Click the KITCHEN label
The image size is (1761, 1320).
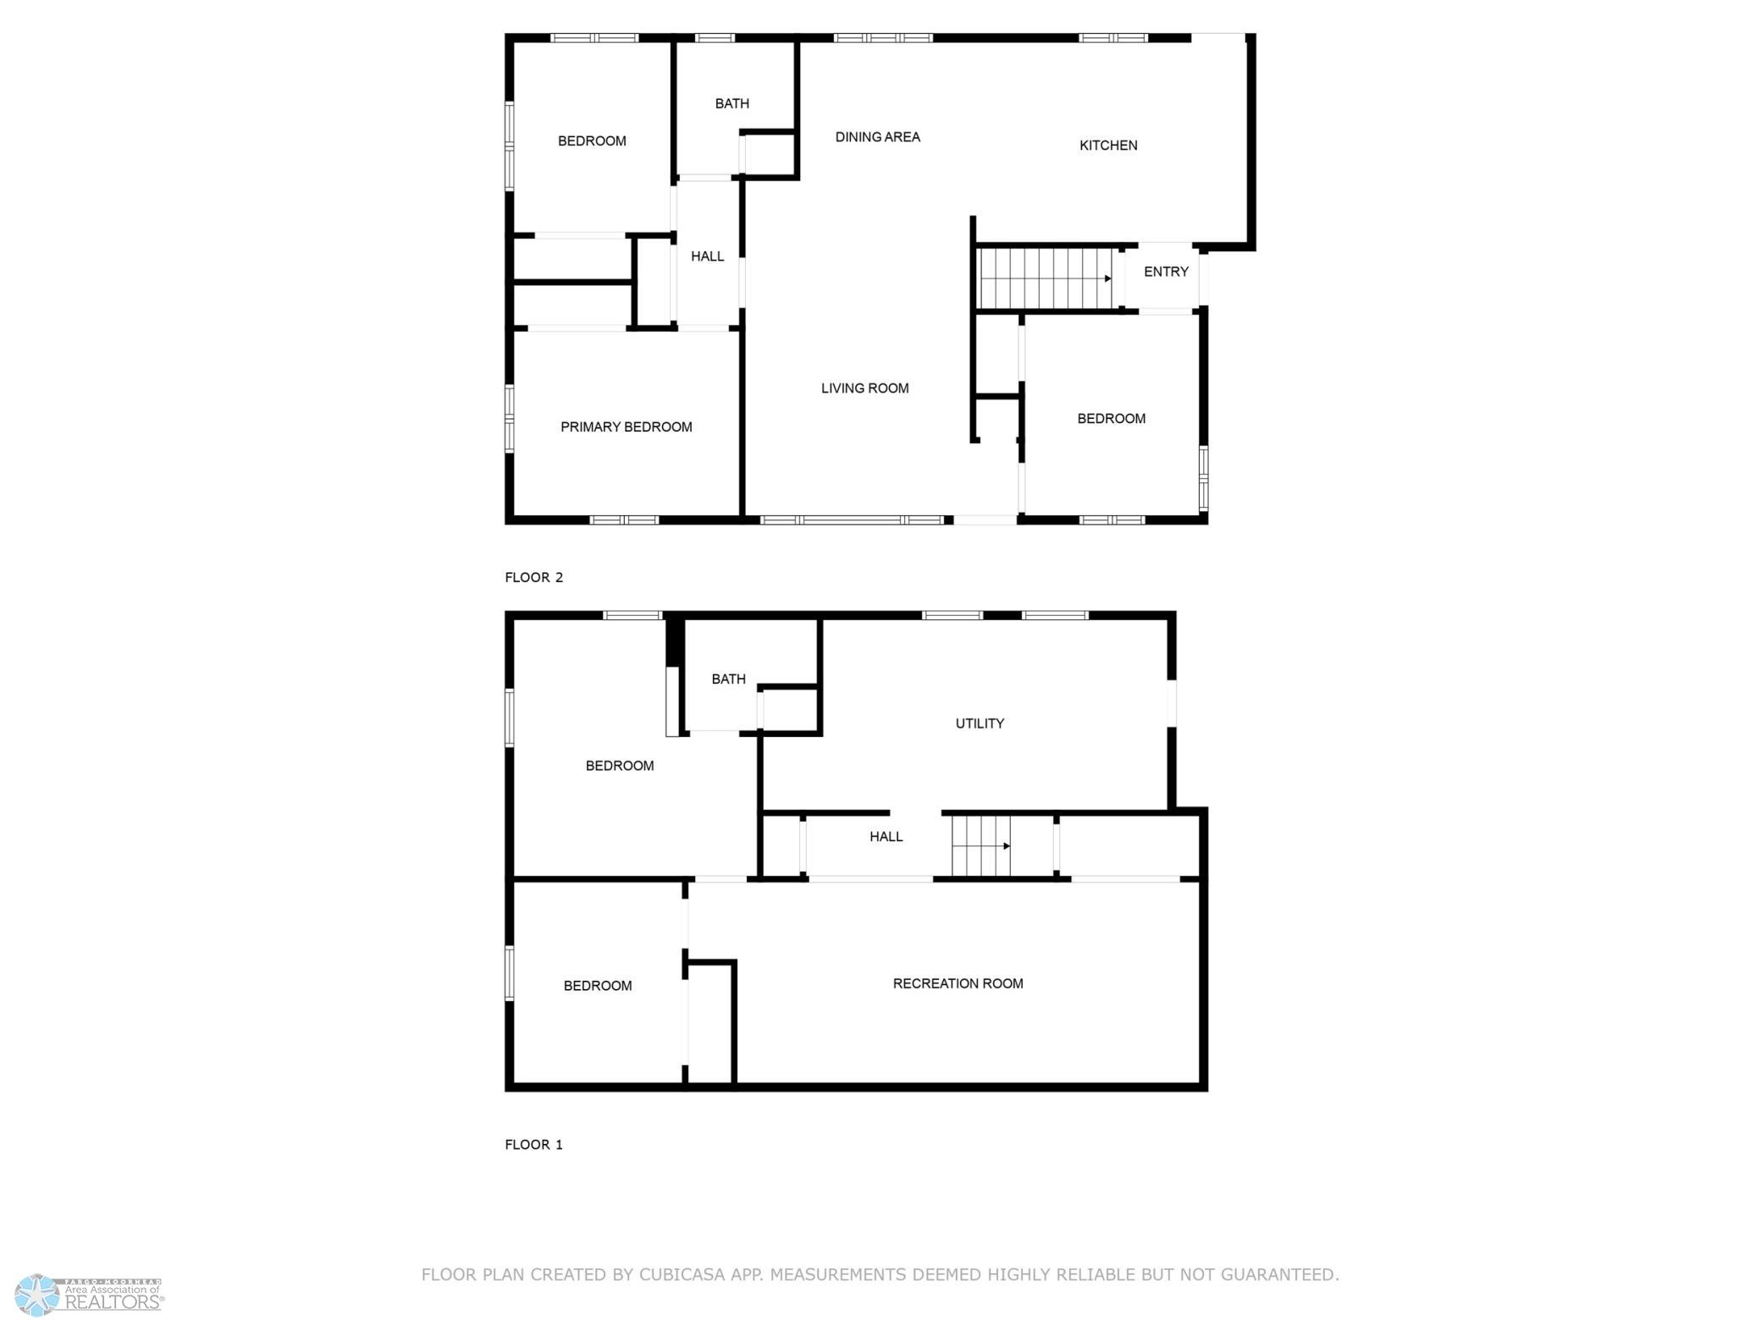click(1108, 146)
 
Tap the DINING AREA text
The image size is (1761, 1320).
click(877, 137)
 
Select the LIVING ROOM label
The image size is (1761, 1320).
click(864, 388)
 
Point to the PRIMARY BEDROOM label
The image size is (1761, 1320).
click(626, 427)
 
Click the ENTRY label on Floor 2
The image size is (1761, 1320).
click(1166, 272)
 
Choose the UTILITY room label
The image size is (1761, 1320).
click(980, 723)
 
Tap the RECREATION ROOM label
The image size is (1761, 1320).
click(958, 983)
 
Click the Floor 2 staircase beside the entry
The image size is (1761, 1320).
click(1045, 278)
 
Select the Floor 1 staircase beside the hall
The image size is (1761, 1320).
click(981, 846)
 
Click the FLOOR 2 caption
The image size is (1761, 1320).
click(533, 578)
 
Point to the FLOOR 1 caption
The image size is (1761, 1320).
click(533, 1145)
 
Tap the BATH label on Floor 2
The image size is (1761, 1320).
click(731, 104)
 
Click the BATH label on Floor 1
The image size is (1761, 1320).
click(728, 679)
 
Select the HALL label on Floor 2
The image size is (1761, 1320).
click(707, 256)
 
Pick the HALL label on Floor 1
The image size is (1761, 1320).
click(886, 837)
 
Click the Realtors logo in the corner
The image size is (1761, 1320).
click(90, 1295)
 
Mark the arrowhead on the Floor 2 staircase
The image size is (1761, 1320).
click(1107, 278)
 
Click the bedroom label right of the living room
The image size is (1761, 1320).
click(1111, 419)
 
